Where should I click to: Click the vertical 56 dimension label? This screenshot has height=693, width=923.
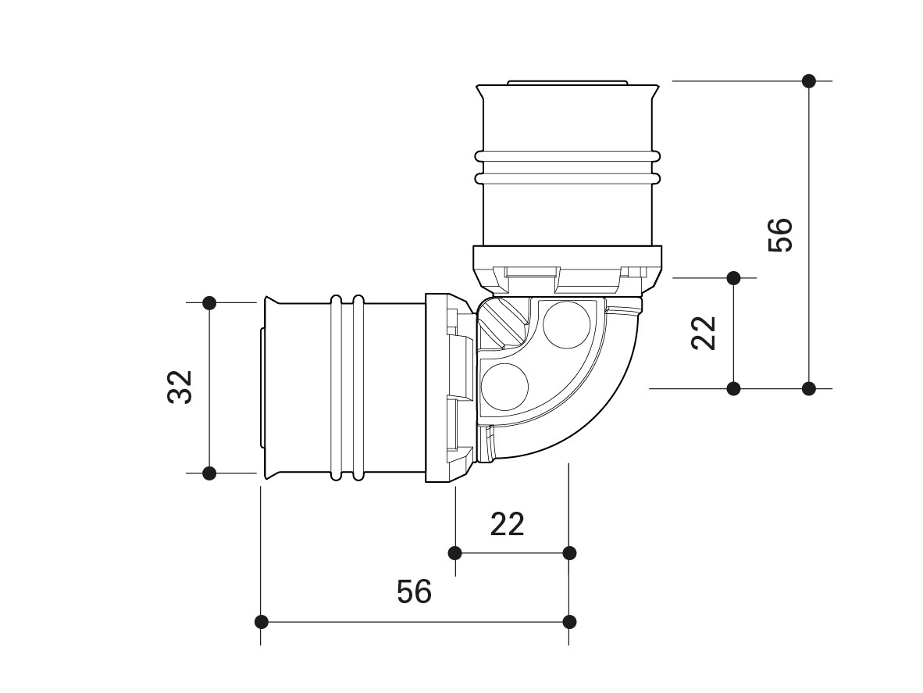click(x=781, y=235)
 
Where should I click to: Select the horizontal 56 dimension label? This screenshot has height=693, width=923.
click(x=415, y=591)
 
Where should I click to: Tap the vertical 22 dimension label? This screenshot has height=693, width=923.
click(x=704, y=334)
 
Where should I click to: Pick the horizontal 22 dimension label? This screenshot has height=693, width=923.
click(x=508, y=523)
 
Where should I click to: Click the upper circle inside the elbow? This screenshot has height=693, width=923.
click(x=566, y=325)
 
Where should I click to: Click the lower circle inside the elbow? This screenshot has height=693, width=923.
click(x=505, y=386)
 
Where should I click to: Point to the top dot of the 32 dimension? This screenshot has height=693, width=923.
click(x=209, y=302)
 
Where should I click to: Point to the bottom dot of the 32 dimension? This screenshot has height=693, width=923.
click(x=209, y=473)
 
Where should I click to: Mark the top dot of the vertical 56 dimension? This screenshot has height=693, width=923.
click(x=810, y=80)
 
